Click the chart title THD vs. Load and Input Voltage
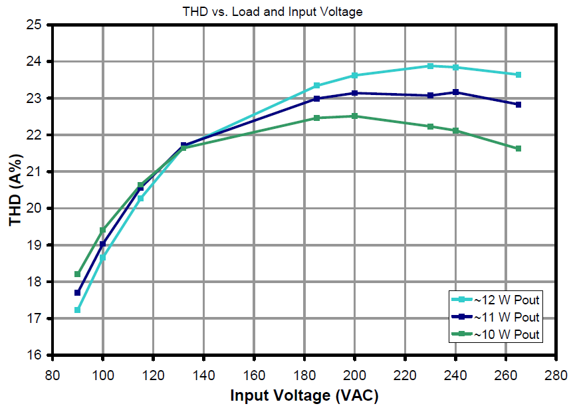(273, 11)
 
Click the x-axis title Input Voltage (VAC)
(304, 396)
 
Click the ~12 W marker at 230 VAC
(431, 66)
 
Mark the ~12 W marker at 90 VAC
(78, 310)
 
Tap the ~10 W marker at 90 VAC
(78, 274)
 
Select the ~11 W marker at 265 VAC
(518, 105)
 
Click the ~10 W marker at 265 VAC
(518, 149)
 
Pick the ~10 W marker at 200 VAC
(355, 116)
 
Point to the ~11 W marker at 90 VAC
(78, 292)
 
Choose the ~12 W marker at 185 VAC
(317, 86)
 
